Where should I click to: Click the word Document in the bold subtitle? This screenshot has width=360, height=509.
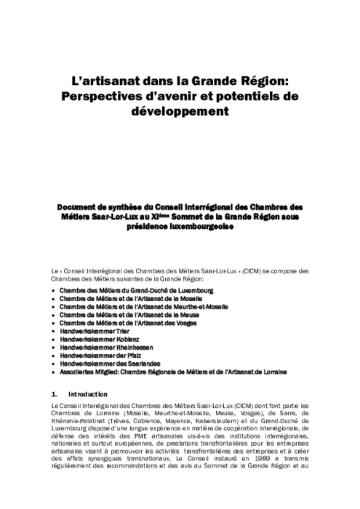[x=79, y=207]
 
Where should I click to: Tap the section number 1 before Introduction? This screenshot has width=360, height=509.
[x=46, y=393]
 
